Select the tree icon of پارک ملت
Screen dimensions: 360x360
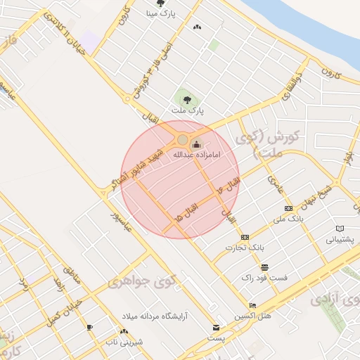click(x=187, y=101)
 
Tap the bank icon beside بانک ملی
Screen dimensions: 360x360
click(x=288, y=208)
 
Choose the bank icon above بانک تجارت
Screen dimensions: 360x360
click(x=245, y=238)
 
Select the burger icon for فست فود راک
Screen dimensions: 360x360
click(x=264, y=267)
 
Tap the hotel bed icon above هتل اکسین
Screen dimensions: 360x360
click(x=252, y=306)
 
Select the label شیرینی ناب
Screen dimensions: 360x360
click(x=124, y=342)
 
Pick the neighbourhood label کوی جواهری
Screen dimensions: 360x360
click(x=136, y=282)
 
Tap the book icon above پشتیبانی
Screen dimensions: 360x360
click(x=340, y=229)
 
